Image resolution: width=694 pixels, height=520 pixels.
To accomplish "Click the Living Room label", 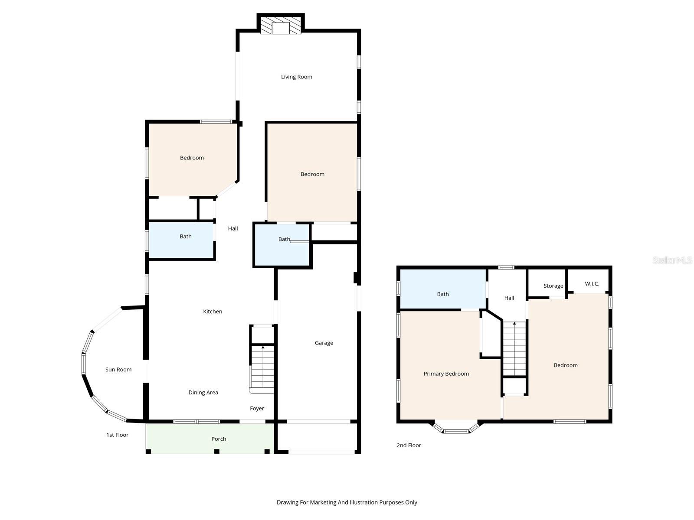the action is pos(296,77).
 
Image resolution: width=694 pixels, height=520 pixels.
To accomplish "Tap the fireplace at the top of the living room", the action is pos(281,24).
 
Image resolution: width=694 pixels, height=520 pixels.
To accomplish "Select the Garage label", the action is pos(324,343).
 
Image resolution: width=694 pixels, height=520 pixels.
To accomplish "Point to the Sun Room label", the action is pos(118,369).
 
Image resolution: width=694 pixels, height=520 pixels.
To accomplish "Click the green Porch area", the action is pos(210,438).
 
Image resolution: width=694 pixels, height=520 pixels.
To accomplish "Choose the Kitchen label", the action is pos(213,311).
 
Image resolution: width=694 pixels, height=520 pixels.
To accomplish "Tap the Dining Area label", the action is pos(203,393).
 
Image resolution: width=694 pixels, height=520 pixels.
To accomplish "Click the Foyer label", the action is pos(257,409).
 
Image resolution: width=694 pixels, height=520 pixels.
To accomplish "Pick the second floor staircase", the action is pos(514,349).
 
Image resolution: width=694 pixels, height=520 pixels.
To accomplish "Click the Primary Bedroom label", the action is pos(446,374).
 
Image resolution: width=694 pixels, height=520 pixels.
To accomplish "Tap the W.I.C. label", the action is pos(592,284).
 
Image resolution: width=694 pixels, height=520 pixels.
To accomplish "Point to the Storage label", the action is pos(553,286).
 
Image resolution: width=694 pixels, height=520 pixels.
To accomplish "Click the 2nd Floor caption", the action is pos(409,445).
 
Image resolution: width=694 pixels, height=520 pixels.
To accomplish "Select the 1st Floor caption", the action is pos(117,435).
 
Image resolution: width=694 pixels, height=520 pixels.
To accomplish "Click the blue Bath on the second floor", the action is pos(443,289).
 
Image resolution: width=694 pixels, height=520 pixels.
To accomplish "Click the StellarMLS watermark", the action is pos(672,260).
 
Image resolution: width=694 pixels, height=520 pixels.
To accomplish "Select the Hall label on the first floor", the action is pos(233,228).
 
